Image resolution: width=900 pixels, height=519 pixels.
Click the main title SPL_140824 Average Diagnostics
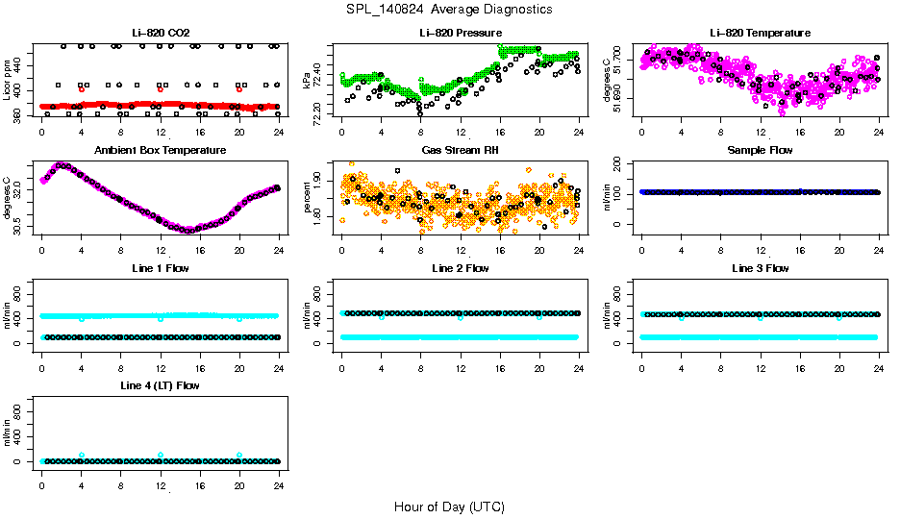pyautogui.click(x=449, y=9)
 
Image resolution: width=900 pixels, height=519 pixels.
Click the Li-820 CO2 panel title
pyautogui.click(x=160, y=34)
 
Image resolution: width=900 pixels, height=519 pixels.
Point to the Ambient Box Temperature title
pyautogui.click(x=160, y=151)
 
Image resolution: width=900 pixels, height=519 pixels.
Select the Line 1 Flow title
pyautogui.click(x=160, y=268)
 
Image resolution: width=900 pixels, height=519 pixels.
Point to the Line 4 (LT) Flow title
pyautogui.click(x=160, y=385)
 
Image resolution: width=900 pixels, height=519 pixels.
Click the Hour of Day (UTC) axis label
pyautogui.click(x=449, y=507)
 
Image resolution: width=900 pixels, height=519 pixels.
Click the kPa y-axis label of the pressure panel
pyautogui.click(x=307, y=80)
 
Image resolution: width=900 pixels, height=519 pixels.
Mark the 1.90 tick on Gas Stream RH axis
pyautogui.click(x=319, y=182)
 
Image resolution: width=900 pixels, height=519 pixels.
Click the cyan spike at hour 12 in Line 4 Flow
pyautogui.click(x=161, y=455)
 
